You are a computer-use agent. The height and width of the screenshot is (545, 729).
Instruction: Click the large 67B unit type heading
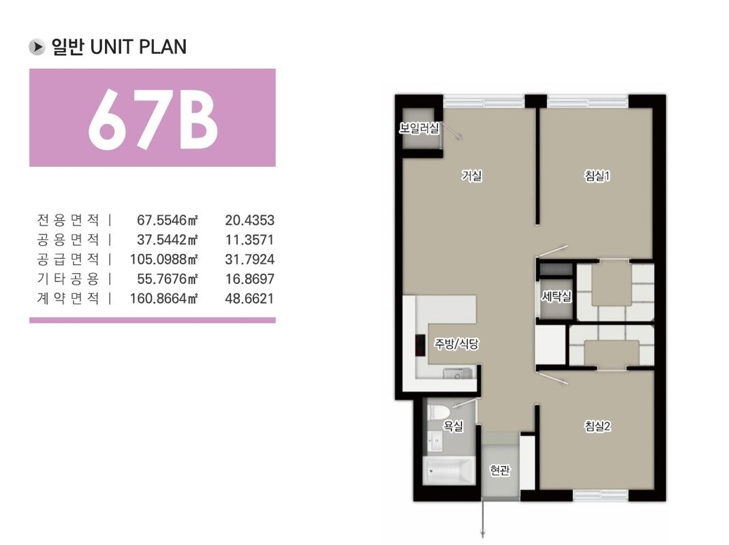[153, 118]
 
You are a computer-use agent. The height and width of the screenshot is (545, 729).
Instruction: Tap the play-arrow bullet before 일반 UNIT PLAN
[37, 47]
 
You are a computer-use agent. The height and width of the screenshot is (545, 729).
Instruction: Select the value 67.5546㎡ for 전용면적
[168, 220]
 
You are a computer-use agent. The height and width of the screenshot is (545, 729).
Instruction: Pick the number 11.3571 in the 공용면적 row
[249, 240]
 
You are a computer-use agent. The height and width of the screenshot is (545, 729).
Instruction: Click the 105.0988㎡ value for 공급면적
[164, 259]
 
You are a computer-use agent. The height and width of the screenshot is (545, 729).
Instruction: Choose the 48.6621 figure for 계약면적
[249, 298]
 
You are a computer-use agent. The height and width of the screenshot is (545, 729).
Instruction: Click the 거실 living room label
[471, 175]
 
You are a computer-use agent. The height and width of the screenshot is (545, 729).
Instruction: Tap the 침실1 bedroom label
[597, 175]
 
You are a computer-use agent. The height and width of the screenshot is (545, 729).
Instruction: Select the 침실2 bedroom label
[598, 426]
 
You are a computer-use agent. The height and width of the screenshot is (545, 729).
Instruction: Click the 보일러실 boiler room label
[420, 128]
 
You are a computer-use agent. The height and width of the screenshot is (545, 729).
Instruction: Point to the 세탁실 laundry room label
[557, 296]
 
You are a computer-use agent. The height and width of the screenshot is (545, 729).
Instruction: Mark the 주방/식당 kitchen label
[456, 343]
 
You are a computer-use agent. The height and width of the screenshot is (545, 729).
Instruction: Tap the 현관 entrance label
[500, 470]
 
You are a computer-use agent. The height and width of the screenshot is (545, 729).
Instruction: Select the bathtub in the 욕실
[449, 471]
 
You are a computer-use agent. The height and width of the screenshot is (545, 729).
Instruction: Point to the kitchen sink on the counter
[457, 373]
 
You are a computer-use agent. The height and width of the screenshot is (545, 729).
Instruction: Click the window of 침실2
[601, 496]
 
